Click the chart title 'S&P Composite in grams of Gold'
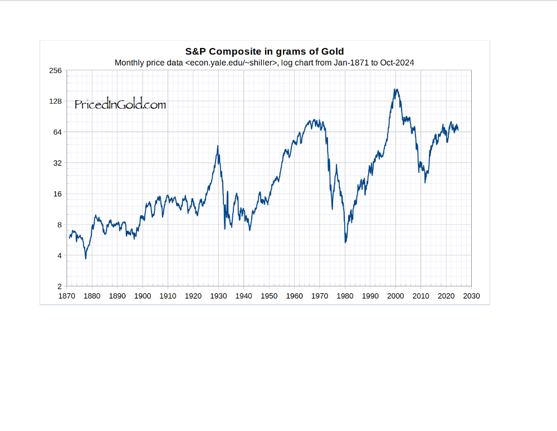264,52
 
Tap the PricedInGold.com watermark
120,104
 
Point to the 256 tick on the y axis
55,71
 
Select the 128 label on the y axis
55,101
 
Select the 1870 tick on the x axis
66,296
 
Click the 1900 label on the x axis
142,296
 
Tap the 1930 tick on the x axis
218,296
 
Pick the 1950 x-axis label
269,296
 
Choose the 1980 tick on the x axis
345,296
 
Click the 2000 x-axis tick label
395,296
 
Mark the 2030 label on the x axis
471,296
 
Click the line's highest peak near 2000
395,89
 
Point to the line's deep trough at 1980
345,242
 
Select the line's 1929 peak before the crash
218,146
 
